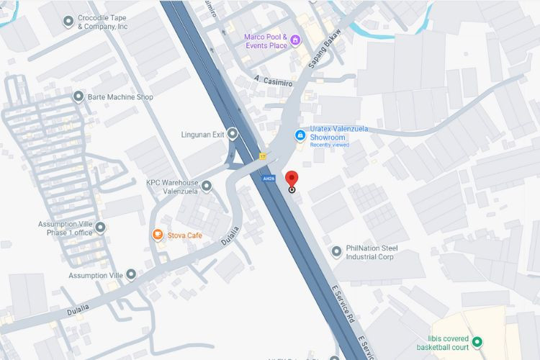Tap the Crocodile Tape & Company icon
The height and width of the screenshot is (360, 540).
click(68, 21)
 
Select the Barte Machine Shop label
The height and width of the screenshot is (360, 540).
click(120, 97)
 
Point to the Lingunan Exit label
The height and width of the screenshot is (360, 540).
click(203, 135)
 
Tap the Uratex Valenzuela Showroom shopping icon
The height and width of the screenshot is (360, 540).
click(300, 135)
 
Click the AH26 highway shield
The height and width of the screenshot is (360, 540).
click(268, 178)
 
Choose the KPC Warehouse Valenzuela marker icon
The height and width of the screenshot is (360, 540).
click(207, 186)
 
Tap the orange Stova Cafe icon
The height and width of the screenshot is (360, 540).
click(157, 235)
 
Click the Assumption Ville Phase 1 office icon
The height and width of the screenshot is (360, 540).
click(100, 228)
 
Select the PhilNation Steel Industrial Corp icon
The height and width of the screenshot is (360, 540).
click(336, 251)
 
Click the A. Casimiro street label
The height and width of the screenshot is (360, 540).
click(273, 83)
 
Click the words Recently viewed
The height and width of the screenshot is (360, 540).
click(330, 145)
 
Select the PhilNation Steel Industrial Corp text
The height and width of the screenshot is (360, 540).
click(370, 252)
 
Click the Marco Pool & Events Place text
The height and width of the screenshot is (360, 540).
click(265, 42)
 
